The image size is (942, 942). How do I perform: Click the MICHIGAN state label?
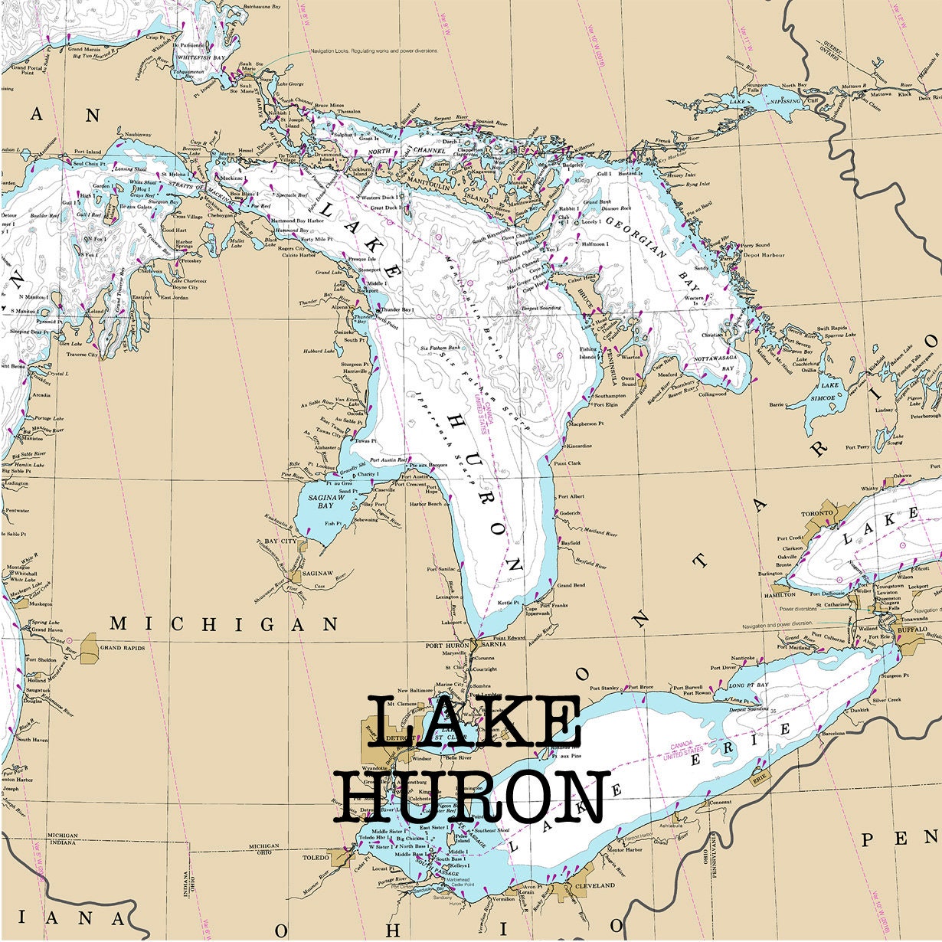[x=224, y=624]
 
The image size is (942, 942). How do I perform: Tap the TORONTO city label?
[x=816, y=513]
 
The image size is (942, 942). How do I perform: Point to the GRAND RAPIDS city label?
[x=123, y=648]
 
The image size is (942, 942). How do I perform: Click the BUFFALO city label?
[x=911, y=629]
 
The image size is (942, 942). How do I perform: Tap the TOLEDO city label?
[x=314, y=859]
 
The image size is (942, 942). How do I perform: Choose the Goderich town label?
[x=571, y=513]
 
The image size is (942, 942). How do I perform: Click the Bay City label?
[x=280, y=541]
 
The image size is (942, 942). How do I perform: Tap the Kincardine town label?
[x=578, y=446]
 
